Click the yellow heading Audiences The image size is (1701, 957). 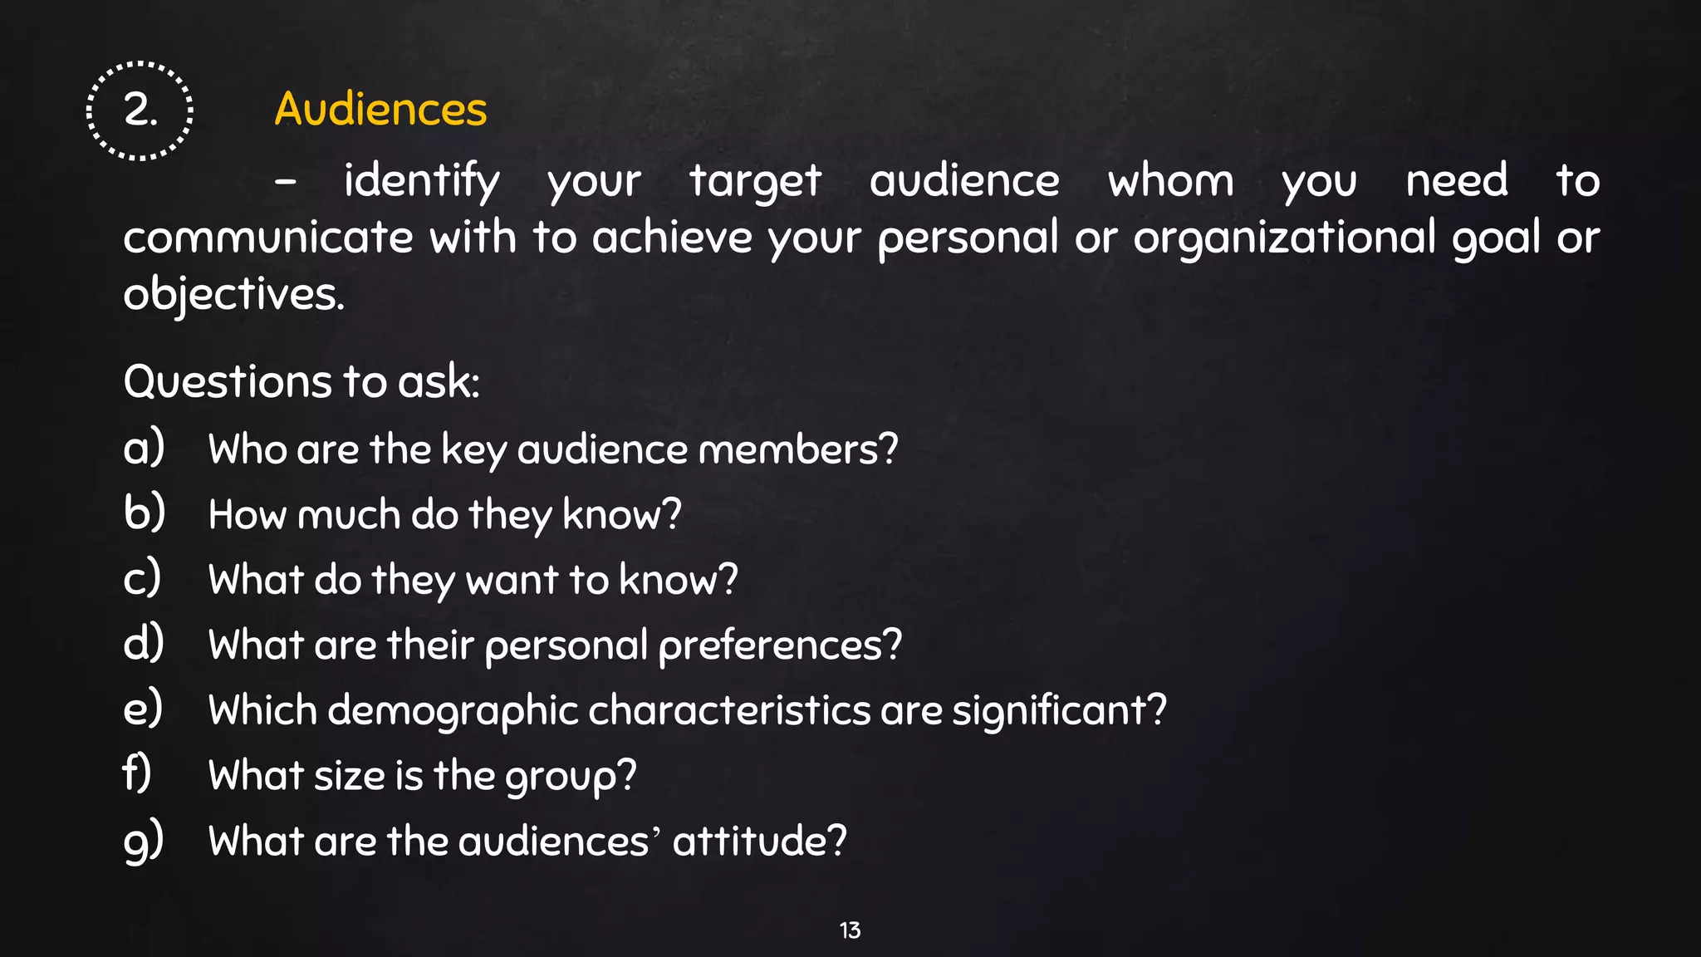(x=380, y=109)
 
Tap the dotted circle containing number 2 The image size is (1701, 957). (x=140, y=110)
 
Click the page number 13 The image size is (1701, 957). (x=850, y=930)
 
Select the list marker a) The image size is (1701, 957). (x=144, y=448)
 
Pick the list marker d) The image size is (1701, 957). (x=144, y=643)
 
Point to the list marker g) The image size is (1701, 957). (x=144, y=841)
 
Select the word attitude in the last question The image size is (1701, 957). (x=759, y=841)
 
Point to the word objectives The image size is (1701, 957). (x=233, y=294)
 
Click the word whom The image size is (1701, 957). (x=1170, y=181)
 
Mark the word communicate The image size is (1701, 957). (x=267, y=238)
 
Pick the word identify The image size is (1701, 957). (x=422, y=181)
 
